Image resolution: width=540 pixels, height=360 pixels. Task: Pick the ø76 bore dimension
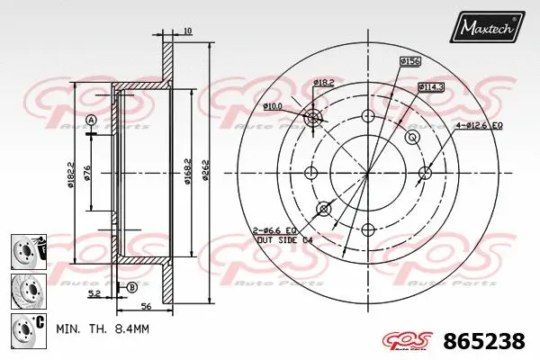pyautogui.click(x=87, y=175)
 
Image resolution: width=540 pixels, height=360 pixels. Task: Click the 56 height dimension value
pyautogui.click(x=144, y=306)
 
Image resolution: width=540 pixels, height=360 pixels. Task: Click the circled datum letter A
pyautogui.click(x=91, y=121)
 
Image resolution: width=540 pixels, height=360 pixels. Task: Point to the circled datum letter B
pyautogui.click(x=131, y=287)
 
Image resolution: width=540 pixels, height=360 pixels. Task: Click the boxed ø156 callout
pyautogui.click(x=411, y=60)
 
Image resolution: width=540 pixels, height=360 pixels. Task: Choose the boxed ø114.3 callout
pyautogui.click(x=430, y=86)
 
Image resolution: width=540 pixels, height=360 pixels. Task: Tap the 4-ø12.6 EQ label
pyautogui.click(x=479, y=124)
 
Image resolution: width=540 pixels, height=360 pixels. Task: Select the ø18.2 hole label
pyautogui.click(x=325, y=83)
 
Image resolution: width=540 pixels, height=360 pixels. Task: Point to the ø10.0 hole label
pyautogui.click(x=272, y=107)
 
